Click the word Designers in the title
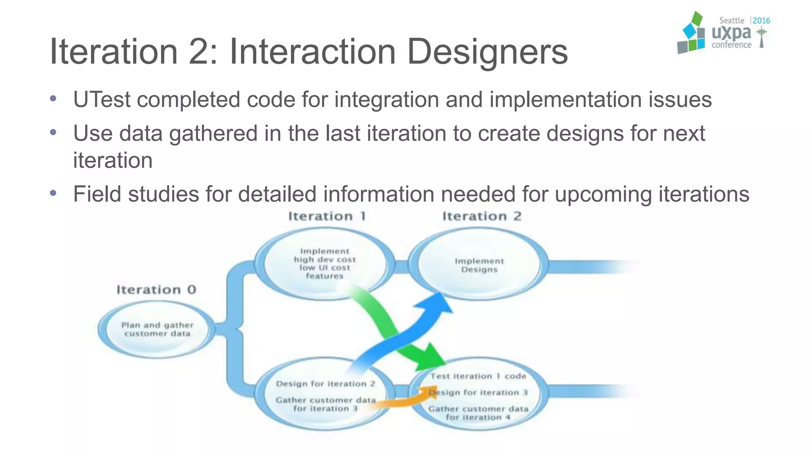[x=487, y=51]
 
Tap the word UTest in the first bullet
[x=102, y=99]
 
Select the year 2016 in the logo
[x=761, y=21]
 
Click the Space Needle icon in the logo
[x=761, y=38]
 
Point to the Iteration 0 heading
[x=156, y=290]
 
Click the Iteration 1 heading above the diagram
[x=327, y=216]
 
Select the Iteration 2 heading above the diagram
[x=482, y=216]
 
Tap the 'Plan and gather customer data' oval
[x=157, y=329]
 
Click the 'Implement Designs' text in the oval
[x=479, y=265]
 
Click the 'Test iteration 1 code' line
[x=478, y=376]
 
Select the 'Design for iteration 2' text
[x=326, y=384]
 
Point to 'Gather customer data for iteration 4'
[x=478, y=413]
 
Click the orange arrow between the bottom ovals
[x=400, y=401]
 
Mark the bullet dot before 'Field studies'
[x=53, y=193]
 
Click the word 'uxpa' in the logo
[x=731, y=33]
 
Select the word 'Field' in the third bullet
[x=97, y=194]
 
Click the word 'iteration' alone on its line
[x=113, y=161]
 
